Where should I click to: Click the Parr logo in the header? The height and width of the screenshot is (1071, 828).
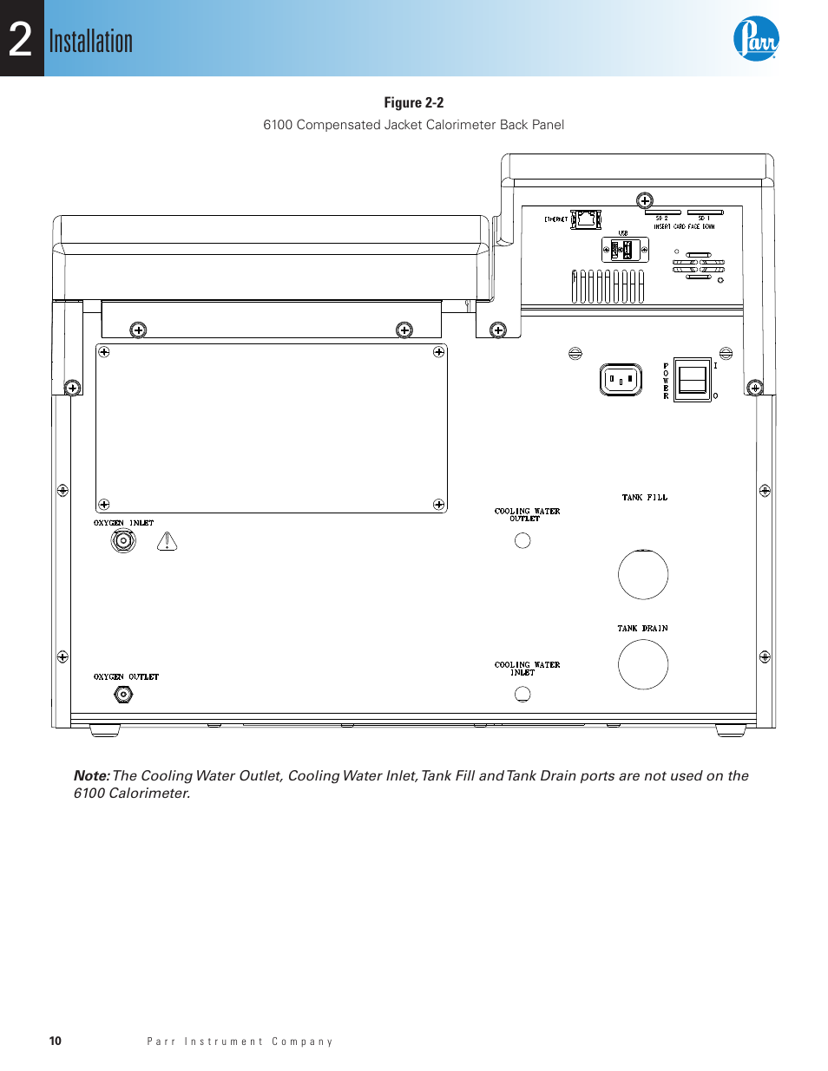[755, 39]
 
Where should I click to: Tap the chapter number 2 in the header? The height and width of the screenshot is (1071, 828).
[21, 40]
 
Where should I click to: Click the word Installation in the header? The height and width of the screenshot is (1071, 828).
[90, 42]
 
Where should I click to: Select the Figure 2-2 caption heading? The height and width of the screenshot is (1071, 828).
[413, 102]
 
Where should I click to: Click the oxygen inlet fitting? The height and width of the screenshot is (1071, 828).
[123, 541]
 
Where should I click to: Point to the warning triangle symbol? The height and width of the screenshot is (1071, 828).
[167, 542]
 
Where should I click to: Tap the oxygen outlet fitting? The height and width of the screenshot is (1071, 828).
[123, 694]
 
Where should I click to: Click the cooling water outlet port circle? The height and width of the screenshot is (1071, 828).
[522, 540]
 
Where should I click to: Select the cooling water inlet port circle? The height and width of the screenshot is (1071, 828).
[522, 694]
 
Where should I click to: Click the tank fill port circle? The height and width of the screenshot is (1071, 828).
[643, 574]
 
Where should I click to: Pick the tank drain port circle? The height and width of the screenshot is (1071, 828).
[643, 664]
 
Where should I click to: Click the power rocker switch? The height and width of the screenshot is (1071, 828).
[693, 380]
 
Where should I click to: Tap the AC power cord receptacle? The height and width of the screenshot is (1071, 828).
[621, 380]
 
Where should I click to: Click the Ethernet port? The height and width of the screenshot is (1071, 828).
[587, 219]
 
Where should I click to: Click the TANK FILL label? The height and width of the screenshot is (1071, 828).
[645, 498]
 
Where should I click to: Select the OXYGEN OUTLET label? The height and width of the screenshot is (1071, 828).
[126, 676]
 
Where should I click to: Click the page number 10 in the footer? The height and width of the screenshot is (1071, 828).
[56, 1041]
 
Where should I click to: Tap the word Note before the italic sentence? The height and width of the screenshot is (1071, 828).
[91, 776]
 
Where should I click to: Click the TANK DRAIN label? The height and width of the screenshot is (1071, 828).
[642, 629]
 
